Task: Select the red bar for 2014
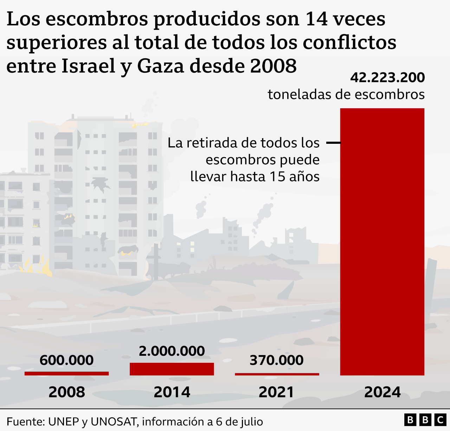coord(172,369)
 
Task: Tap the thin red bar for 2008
coord(66,373)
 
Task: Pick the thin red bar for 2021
coord(277,374)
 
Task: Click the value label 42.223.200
coord(387,78)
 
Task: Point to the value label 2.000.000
coord(172,351)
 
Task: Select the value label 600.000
coord(66,360)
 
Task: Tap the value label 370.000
coord(276,360)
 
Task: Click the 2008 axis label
coord(66,392)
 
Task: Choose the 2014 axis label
coord(172,392)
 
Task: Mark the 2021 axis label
coord(276,392)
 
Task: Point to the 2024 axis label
coord(382,392)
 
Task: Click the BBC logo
coord(425,420)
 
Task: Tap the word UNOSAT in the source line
coord(114,422)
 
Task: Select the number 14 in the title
coord(316,19)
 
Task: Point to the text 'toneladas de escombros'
coord(346,95)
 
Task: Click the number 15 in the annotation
coord(277,176)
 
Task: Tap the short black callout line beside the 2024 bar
coord(333,143)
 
